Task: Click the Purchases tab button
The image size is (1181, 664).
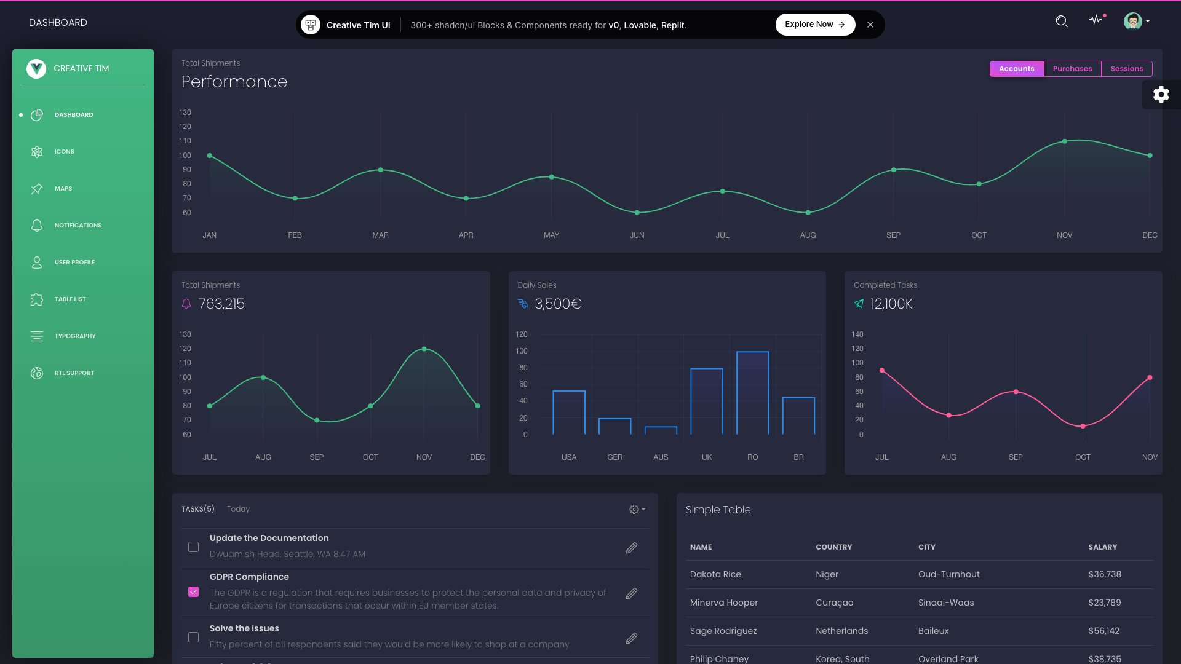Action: pyautogui.click(x=1072, y=69)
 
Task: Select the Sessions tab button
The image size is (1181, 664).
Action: pyautogui.click(x=1126, y=69)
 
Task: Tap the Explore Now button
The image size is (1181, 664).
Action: pyautogui.click(x=814, y=25)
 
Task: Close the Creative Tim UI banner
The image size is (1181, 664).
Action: pyautogui.click(x=870, y=25)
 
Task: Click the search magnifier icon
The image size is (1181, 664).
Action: pyautogui.click(x=1061, y=22)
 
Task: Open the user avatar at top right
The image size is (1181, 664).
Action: pyautogui.click(x=1132, y=22)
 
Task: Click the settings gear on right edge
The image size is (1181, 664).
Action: pyautogui.click(x=1161, y=95)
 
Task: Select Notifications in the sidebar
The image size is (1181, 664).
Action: pyautogui.click(x=78, y=226)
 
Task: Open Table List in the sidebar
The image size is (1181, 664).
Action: pyautogui.click(x=70, y=299)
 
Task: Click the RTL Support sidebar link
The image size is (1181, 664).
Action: pyautogui.click(x=74, y=373)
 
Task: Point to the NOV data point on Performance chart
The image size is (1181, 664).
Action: pyautogui.click(x=1064, y=141)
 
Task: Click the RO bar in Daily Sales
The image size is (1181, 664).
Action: pyautogui.click(x=752, y=393)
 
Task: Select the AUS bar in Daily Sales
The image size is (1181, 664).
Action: pyautogui.click(x=661, y=430)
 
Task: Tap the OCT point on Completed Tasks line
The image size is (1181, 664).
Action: pyautogui.click(x=1083, y=426)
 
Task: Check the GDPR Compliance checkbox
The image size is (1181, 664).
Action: pyautogui.click(x=193, y=591)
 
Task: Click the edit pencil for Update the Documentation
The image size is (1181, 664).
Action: pyautogui.click(x=631, y=548)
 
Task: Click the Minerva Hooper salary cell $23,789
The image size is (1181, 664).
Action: pyautogui.click(x=1104, y=603)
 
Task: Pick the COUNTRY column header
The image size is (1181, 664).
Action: pyautogui.click(x=833, y=547)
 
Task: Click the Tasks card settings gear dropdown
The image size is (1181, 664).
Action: pyautogui.click(x=637, y=509)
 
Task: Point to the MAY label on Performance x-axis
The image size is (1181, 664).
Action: pyautogui.click(x=551, y=235)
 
